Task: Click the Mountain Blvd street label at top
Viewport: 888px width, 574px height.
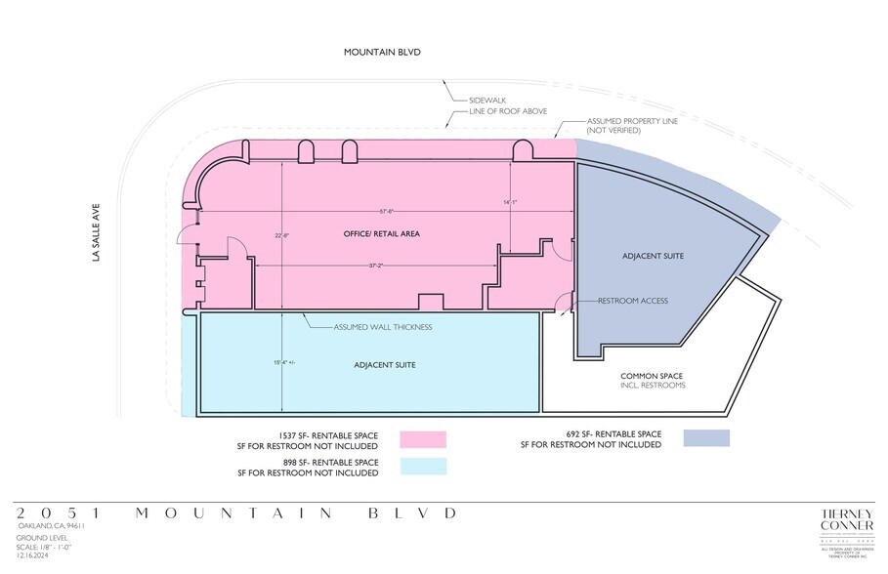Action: [381, 52]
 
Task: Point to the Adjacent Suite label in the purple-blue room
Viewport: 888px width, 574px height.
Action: [653, 256]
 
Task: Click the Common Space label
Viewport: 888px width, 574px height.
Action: [653, 376]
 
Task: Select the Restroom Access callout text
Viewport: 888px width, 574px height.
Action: [633, 301]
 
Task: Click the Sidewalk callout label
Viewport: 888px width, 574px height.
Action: [487, 100]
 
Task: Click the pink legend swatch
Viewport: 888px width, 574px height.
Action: [423, 439]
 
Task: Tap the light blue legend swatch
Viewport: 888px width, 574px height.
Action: [423, 467]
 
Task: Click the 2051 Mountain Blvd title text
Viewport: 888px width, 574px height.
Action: [235, 512]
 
